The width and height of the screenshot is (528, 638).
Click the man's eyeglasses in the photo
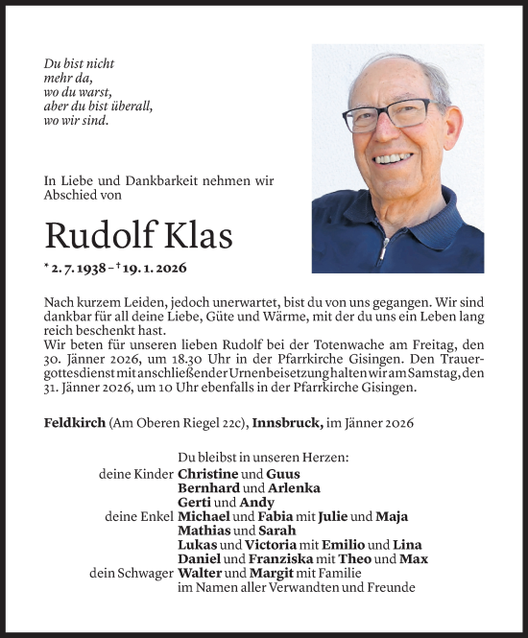(388, 115)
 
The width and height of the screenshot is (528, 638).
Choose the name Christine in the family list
(208, 474)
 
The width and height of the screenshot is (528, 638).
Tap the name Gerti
(195, 503)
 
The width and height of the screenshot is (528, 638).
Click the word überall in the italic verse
(128, 106)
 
